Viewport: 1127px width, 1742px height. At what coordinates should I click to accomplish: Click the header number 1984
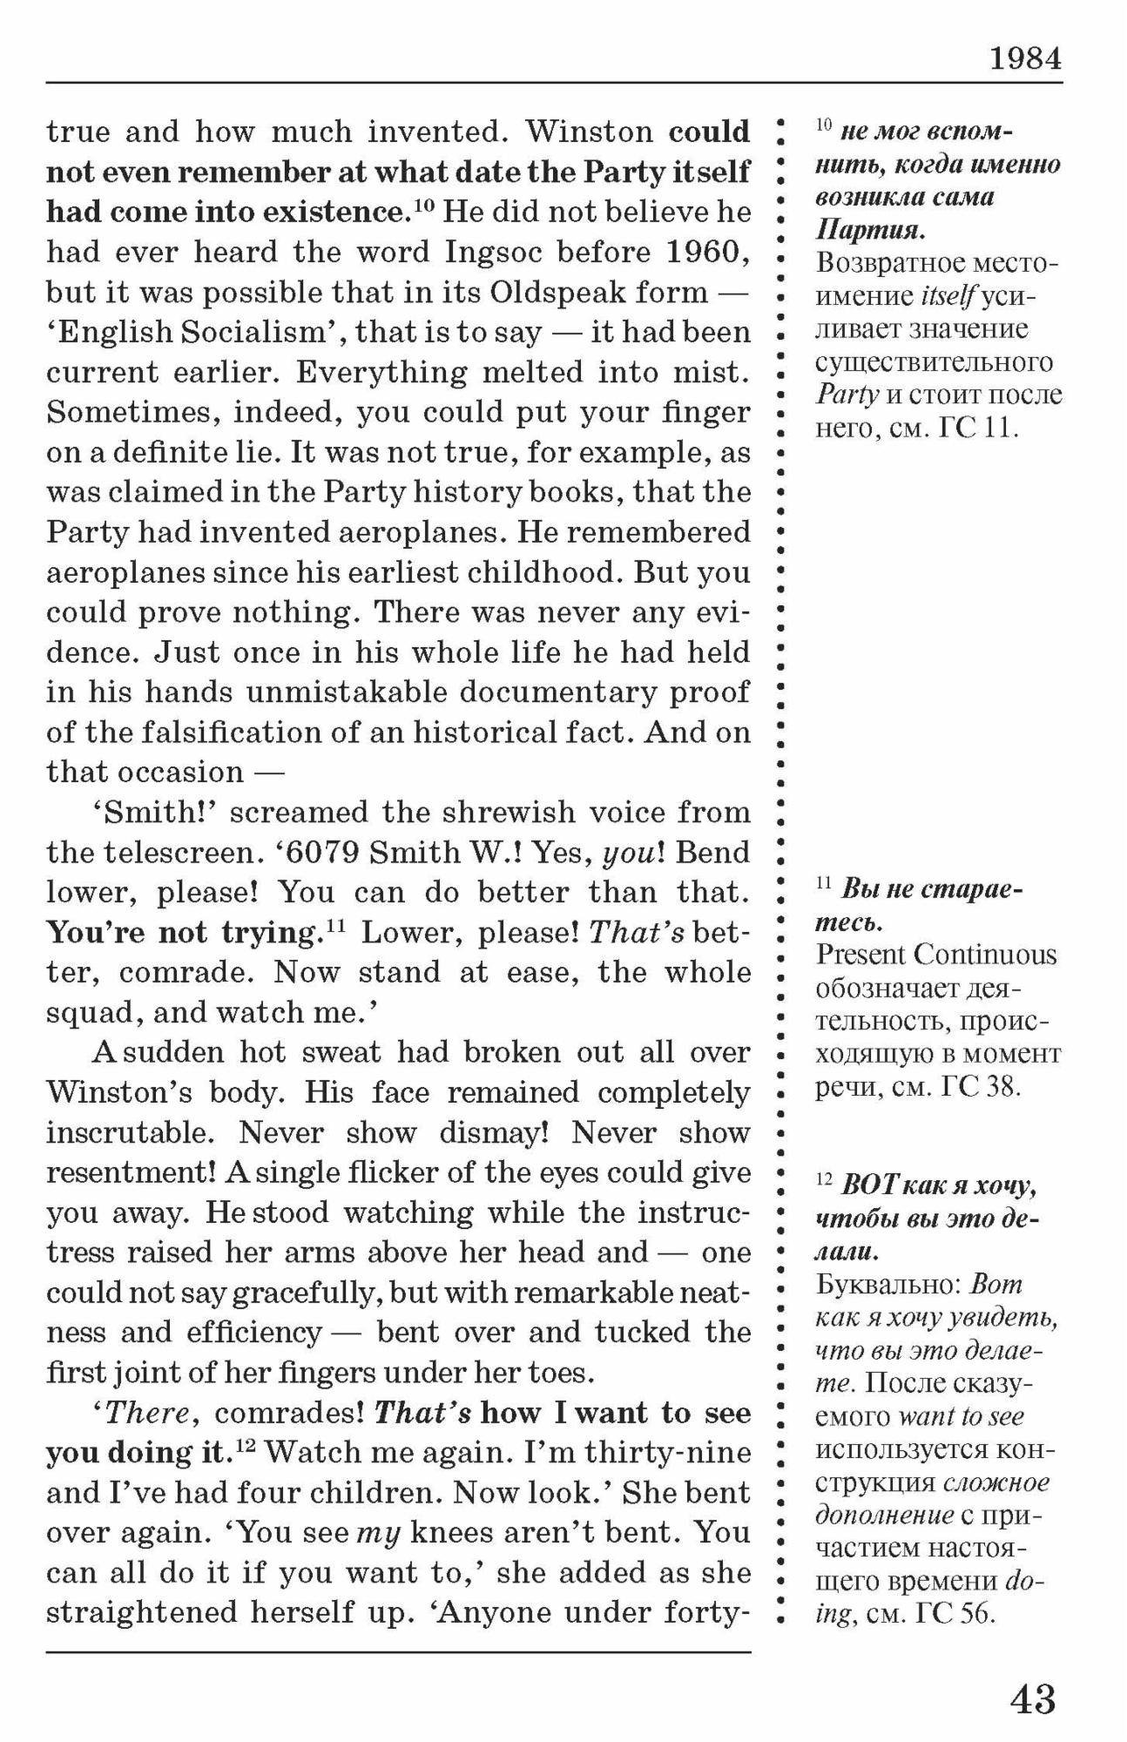click(1025, 59)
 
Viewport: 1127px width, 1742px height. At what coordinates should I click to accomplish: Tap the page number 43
click(1033, 1699)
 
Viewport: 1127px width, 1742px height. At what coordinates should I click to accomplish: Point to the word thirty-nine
click(668, 1454)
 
